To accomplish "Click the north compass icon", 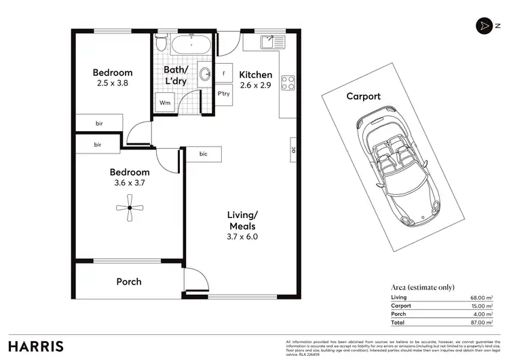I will click(483, 25).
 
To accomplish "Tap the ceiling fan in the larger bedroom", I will click(129, 208).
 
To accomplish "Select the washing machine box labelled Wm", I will click(165, 103).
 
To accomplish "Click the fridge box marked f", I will click(223, 73).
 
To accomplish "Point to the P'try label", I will click(224, 95).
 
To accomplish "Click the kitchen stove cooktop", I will click(288, 82).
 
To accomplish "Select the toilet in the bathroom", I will click(160, 44).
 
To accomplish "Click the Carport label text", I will click(363, 96).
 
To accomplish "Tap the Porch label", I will click(128, 281).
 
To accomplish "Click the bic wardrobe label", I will click(204, 154).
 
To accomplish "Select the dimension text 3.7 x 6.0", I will click(243, 237).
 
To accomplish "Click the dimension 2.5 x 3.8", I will click(112, 83).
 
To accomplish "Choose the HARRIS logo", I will click(36, 345).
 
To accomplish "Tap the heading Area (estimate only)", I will click(423, 287).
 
